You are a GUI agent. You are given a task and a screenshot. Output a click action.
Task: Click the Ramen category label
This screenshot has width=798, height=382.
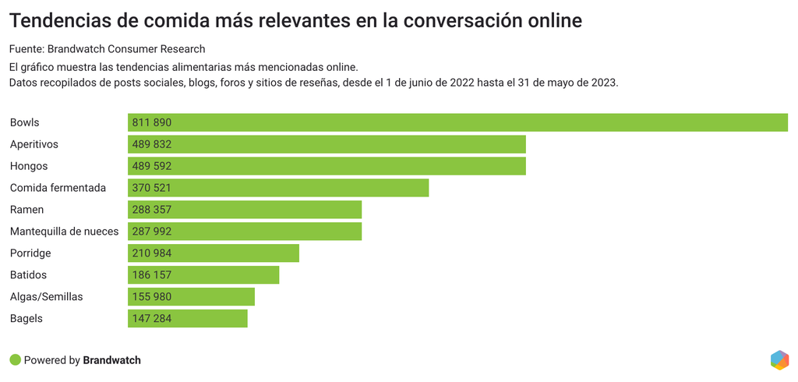point(26,210)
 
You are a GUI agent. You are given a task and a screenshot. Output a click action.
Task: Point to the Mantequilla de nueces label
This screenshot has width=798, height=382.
point(64,232)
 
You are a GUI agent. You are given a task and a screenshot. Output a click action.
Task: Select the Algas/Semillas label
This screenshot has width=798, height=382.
point(46,297)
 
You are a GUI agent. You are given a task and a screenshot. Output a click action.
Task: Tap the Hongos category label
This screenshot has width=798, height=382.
point(29,166)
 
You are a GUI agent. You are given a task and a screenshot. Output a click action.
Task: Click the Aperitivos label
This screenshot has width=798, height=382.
point(34,144)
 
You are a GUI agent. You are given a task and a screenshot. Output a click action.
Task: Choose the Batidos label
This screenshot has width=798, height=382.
point(29,275)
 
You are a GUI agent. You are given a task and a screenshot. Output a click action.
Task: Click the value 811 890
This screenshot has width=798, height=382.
point(152,122)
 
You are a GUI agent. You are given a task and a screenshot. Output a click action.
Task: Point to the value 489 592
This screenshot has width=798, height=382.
point(152,166)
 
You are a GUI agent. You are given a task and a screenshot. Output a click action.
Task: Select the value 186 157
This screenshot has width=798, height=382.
point(152,275)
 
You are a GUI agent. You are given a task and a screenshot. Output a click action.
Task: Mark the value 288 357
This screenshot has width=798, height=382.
point(152,210)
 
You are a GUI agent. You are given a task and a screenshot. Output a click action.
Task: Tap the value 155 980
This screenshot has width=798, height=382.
point(152,297)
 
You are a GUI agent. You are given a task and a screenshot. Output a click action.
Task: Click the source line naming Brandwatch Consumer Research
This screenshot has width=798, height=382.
point(107,49)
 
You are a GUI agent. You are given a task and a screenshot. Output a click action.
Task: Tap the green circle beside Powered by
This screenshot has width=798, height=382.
point(15,360)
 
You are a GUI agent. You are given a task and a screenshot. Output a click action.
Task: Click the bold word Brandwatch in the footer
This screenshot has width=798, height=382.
point(111,360)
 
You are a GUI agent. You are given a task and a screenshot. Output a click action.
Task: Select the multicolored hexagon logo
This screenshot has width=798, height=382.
point(779,359)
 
